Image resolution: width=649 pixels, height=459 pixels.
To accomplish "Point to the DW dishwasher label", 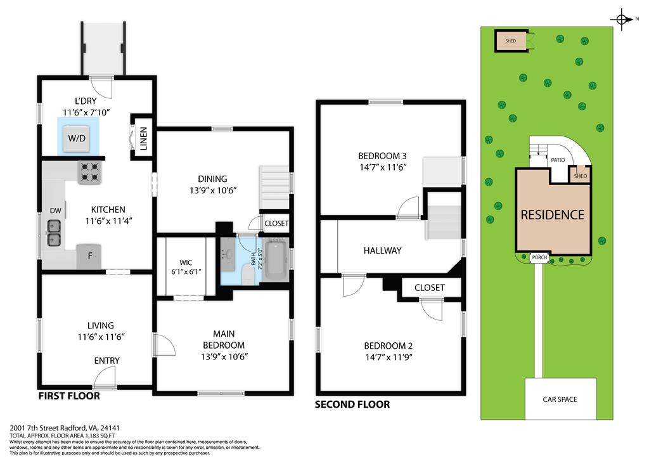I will (x=55, y=210).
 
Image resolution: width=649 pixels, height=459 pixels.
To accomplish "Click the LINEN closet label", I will (x=143, y=138).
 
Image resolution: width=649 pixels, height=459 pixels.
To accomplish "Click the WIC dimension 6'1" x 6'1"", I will (x=186, y=272).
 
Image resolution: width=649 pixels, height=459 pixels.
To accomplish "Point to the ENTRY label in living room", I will (x=106, y=361).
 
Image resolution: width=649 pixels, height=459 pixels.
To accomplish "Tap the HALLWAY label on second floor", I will (x=382, y=250).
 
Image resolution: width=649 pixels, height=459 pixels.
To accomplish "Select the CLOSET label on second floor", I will (x=429, y=288).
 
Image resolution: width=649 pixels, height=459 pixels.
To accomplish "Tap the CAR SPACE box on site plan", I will (x=560, y=399).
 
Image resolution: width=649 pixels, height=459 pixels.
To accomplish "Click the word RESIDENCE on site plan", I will (x=552, y=214).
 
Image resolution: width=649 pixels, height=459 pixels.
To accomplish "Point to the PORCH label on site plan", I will (x=539, y=257).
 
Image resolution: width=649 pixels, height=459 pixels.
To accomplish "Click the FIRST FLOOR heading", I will (x=69, y=396).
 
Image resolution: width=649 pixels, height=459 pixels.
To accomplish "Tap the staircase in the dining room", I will (x=274, y=187).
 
